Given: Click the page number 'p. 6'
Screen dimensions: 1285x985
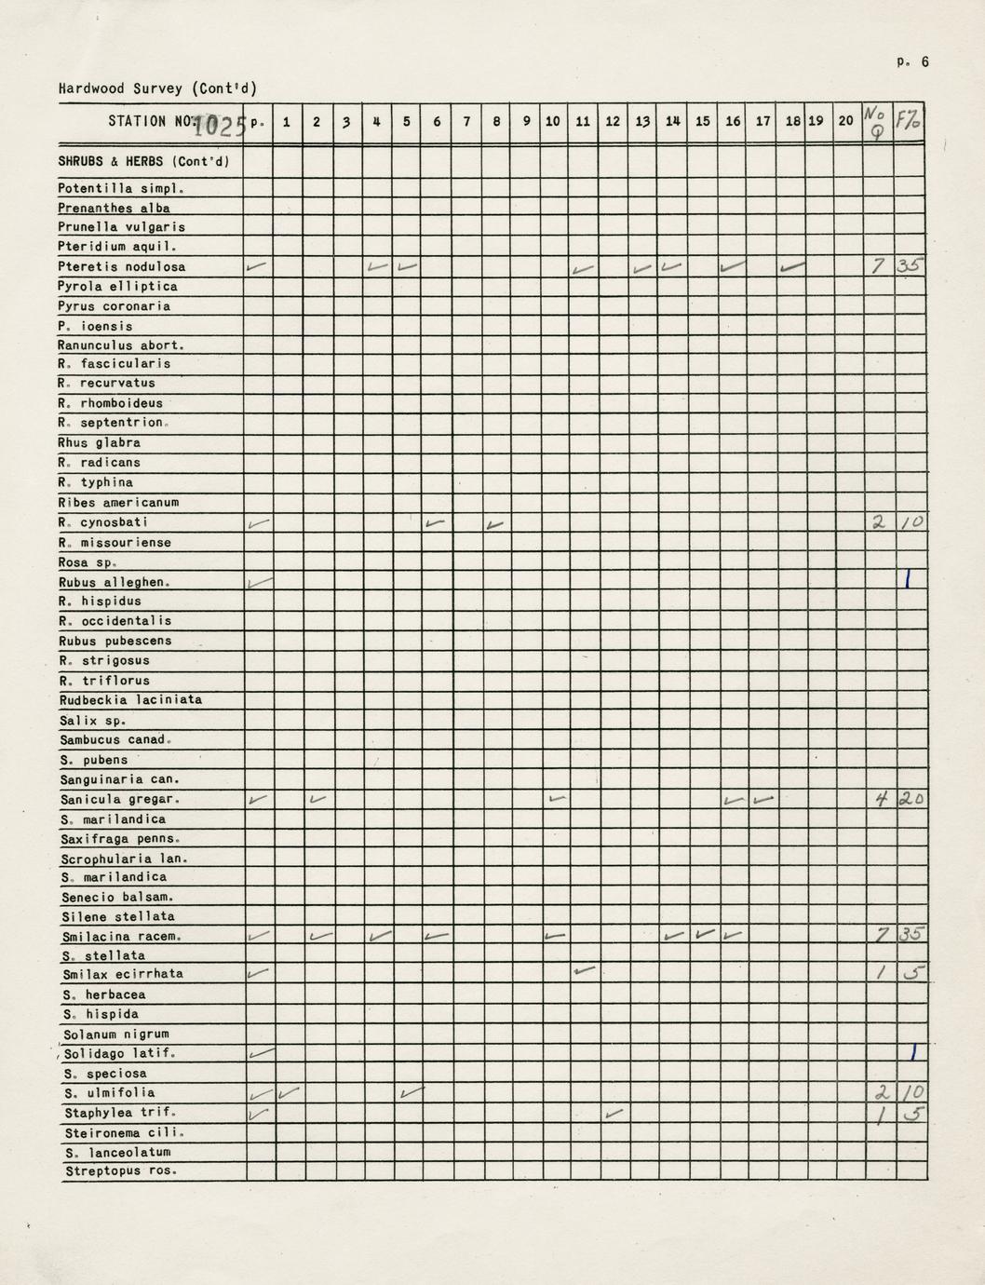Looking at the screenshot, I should pos(912,62).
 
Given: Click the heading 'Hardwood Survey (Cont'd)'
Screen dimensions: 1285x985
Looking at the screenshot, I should pos(157,89).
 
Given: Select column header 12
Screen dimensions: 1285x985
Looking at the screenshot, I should pos(613,121).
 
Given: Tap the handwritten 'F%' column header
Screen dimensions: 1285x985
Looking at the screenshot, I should pos(909,120).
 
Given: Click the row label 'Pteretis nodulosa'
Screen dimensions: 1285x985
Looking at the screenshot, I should pos(122,267).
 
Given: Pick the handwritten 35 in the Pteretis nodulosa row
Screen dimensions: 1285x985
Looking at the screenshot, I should pos(910,266).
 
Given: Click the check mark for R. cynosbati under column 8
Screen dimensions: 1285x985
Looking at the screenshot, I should pos(495,525).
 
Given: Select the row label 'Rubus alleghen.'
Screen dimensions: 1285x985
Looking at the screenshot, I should pos(115,583).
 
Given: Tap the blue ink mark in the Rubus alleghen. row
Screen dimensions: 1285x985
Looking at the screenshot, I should pos(909,580).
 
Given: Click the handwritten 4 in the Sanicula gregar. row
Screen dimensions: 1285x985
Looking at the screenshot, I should pos(880,799).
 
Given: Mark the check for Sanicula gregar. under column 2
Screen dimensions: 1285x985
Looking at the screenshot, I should pos(317,799).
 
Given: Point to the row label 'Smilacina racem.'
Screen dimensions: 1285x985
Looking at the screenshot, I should pos(122,937).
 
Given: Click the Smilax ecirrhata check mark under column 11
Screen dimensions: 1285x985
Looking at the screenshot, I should pos(584,971).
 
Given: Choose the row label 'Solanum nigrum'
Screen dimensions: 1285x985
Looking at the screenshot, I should pos(116,1035).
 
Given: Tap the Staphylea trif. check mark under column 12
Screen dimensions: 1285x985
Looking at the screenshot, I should pos(614,1113).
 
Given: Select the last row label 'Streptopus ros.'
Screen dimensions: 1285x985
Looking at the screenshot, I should pos(120,1171).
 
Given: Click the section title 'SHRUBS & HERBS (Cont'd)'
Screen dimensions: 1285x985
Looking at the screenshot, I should pos(143,161).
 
